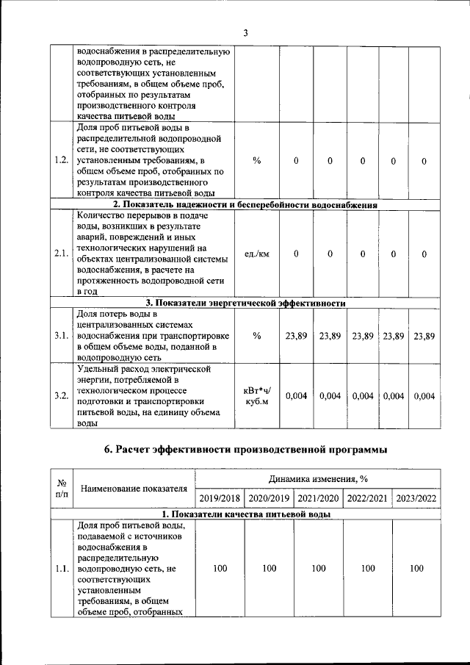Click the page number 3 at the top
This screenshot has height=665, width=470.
click(x=246, y=32)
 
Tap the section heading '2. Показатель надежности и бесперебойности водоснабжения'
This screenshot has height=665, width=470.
click(x=245, y=205)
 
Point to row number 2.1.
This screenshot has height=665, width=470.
click(x=62, y=254)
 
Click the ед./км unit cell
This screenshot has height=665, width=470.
click(x=256, y=254)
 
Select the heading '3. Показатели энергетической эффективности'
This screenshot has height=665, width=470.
click(x=245, y=302)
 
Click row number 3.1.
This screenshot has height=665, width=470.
click(x=62, y=336)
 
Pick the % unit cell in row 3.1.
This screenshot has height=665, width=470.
click(x=256, y=336)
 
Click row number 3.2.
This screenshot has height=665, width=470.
click(x=62, y=396)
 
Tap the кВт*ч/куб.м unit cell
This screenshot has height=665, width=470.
click(x=256, y=396)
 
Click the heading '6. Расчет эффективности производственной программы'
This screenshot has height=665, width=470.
click(x=245, y=449)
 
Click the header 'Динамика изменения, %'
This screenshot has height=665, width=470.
click(x=319, y=478)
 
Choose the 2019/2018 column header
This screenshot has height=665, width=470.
click(x=220, y=498)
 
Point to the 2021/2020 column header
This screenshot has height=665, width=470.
click(x=318, y=498)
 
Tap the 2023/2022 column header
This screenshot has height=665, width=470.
click(x=416, y=498)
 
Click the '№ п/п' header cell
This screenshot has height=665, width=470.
click(x=62, y=489)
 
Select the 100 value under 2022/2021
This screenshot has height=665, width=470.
click(x=368, y=568)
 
